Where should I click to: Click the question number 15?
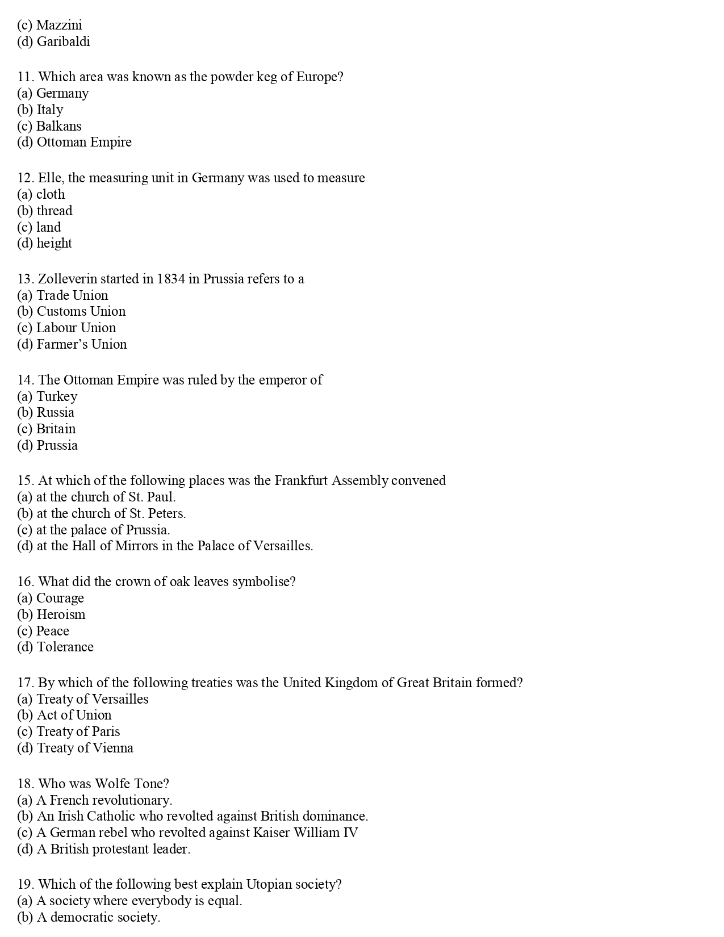pyautogui.click(x=26, y=480)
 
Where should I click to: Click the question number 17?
pyautogui.click(x=26, y=683)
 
